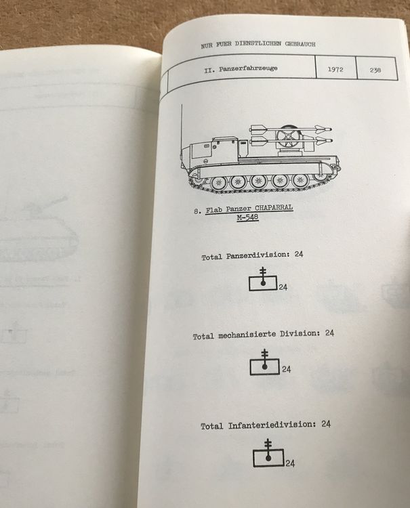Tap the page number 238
[376, 70]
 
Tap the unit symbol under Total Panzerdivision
[263, 280]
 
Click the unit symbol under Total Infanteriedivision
[268, 455]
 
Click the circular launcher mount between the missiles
[290, 140]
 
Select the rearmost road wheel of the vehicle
[319, 179]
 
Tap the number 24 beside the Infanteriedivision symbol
[290, 464]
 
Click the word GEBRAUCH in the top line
[300, 45]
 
